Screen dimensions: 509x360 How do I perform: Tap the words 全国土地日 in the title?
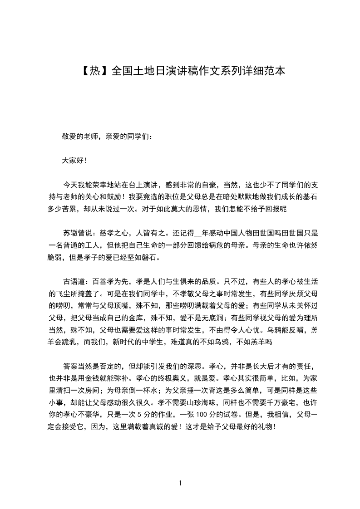(x=132, y=71)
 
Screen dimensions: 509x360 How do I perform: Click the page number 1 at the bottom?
(x=180, y=483)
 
